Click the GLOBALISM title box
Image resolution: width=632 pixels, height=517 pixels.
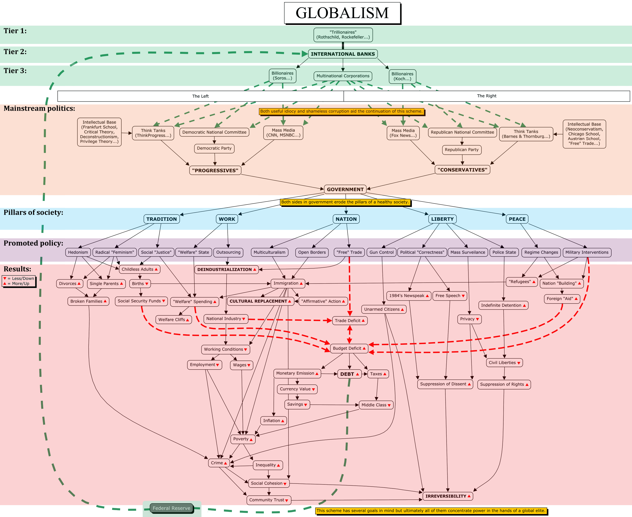(342, 13)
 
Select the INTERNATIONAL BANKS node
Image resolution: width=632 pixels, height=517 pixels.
(343, 54)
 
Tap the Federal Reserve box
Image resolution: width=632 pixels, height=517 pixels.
(171, 508)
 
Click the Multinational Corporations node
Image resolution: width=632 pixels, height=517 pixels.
(343, 76)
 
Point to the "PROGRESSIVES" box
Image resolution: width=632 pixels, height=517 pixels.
(215, 170)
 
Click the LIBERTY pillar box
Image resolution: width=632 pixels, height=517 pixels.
(442, 219)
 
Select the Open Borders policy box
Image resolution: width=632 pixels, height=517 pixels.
(312, 252)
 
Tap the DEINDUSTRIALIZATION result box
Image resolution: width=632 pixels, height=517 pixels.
(226, 270)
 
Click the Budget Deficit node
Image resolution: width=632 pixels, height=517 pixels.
(349, 348)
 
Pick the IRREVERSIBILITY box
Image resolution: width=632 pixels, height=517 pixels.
(448, 496)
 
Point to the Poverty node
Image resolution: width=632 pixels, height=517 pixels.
(243, 439)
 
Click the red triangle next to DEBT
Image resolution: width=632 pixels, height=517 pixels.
(358, 374)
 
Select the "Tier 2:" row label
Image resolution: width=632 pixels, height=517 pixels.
(15, 52)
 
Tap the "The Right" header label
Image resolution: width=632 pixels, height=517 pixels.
(486, 96)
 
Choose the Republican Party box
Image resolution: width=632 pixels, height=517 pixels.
(462, 150)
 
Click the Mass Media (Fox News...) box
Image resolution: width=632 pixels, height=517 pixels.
(403, 133)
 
